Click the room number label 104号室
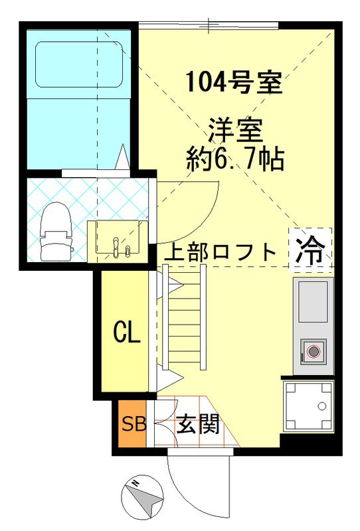coord(235,83)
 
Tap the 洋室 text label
coord(235,127)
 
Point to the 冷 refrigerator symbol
coord(310,249)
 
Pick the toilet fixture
coord(56,230)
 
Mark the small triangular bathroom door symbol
coord(122,157)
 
